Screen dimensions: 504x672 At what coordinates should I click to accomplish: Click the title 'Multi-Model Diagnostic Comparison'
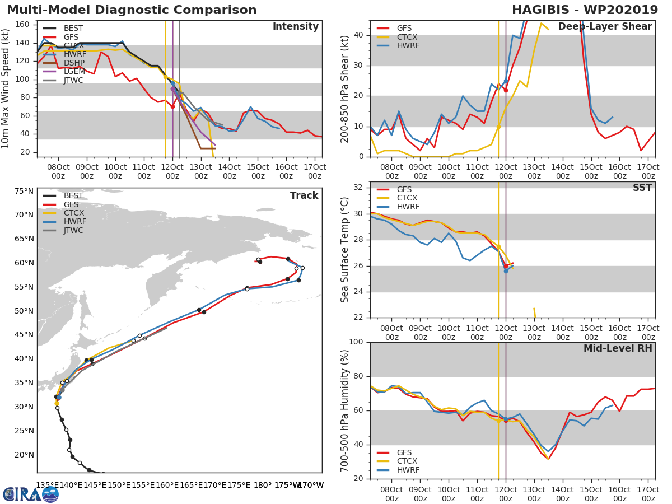[x=132, y=10]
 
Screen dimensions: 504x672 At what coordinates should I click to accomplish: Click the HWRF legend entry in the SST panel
[x=407, y=207]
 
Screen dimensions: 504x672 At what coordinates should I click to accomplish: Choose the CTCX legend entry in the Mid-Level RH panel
[x=407, y=461]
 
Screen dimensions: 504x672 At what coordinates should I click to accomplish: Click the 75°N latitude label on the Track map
[x=24, y=191]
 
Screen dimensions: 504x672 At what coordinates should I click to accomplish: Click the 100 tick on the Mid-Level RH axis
[x=356, y=342]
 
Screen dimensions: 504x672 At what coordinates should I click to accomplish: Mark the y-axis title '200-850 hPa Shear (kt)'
[x=345, y=88]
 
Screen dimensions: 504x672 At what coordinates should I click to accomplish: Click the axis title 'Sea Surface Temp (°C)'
[x=345, y=249]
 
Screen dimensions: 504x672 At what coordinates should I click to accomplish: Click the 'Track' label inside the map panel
[x=304, y=195]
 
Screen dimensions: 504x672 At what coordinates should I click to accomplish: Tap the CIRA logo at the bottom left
[x=31, y=494]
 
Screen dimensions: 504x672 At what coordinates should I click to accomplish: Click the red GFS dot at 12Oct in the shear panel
[x=506, y=90]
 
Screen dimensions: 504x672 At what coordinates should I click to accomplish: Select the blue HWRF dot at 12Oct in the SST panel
[x=506, y=270]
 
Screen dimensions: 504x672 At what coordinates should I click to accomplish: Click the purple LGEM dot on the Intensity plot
[x=172, y=88]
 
